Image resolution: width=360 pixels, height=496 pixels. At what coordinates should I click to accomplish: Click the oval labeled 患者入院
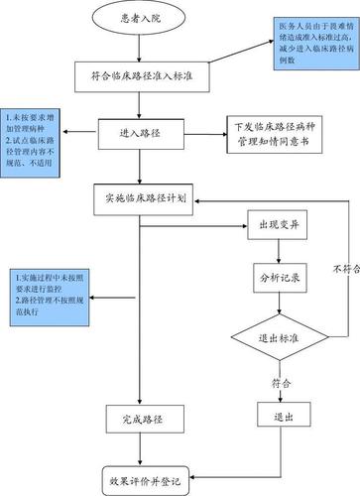tap(140, 19)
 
